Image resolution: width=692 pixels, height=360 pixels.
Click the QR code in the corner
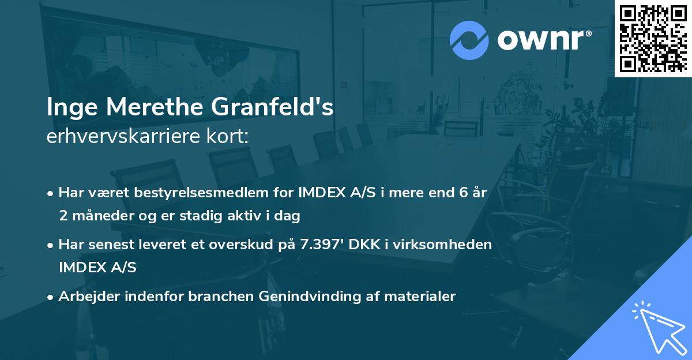[653, 39]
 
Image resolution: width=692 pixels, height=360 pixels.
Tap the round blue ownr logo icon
[469, 40]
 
